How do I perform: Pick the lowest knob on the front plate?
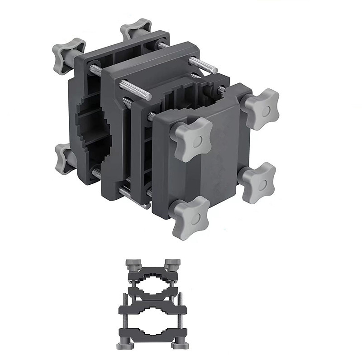(190, 218)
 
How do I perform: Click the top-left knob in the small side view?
(132, 263)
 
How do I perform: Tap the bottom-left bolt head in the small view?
(123, 346)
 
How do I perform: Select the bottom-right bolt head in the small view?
(181, 346)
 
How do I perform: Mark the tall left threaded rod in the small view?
(124, 317)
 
